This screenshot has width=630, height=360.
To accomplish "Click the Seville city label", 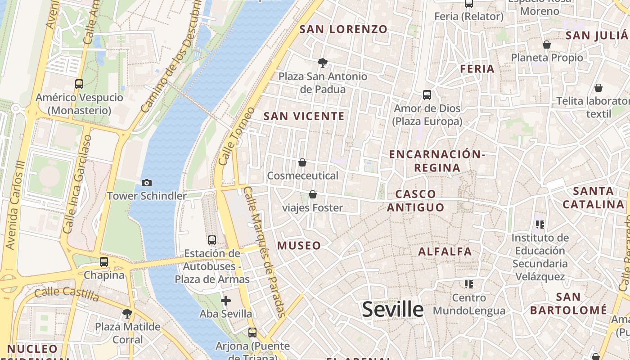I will tap(393, 310).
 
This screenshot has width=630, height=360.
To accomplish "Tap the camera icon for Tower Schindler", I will tap(146, 183).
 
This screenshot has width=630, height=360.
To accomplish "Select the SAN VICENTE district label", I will tap(304, 116).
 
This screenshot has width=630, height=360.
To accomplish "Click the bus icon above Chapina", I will tap(104, 261).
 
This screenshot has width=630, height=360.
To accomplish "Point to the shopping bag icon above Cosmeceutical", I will tap(302, 162).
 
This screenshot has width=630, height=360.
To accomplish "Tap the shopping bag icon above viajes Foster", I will tap(312, 194).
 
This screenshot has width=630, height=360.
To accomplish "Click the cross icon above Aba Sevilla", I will tap(226, 300).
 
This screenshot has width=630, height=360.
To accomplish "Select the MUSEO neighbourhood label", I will tap(299, 246).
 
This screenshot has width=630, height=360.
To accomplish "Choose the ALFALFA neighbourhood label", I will tap(445, 252).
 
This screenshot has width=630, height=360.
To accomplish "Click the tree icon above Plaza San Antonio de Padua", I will tap(322, 63).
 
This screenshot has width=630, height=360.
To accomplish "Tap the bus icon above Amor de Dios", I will tap(427, 95).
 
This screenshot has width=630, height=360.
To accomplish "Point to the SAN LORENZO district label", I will tap(343, 30).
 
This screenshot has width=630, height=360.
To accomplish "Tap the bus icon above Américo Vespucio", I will tap(79, 84).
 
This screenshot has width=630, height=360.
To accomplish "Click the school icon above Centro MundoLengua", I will tap(469, 284).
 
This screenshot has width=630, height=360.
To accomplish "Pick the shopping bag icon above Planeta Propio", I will tap(547, 45).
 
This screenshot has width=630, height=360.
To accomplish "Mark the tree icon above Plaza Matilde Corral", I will tap(127, 313).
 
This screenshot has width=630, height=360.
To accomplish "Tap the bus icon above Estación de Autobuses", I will tap(212, 240).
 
